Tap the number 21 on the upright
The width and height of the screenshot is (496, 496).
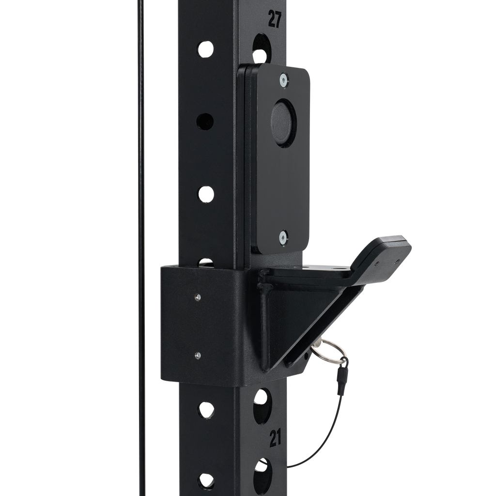click(276, 439)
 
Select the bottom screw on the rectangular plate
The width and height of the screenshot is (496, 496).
click(283, 237)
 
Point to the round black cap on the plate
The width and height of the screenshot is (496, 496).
click(283, 122)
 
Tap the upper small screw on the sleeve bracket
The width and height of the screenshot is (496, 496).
click(198, 297)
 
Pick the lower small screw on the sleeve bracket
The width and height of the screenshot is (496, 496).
click(198, 355)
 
